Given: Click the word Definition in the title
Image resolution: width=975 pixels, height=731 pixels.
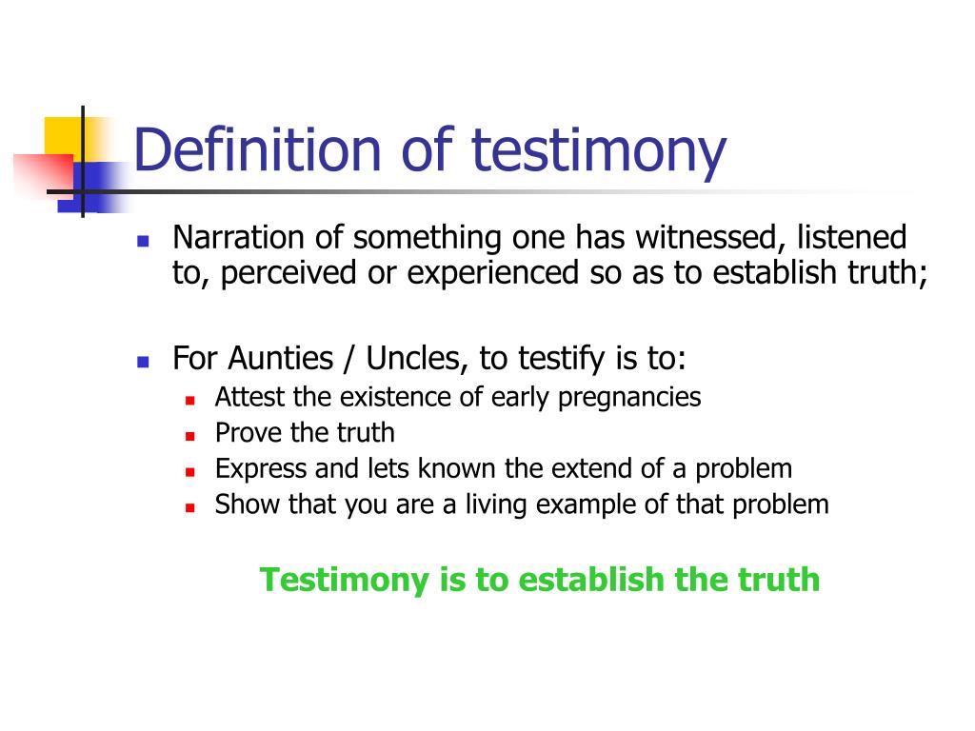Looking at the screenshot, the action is click(257, 149).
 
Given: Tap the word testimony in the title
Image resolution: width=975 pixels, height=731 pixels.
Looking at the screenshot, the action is click(599, 152).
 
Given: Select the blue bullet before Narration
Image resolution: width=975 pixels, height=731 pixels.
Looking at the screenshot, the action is click(143, 241).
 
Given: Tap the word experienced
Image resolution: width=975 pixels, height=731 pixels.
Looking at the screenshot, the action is click(493, 273).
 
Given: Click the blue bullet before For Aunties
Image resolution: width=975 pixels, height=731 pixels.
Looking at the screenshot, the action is click(143, 362).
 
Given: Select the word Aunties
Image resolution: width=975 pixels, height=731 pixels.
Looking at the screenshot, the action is click(281, 358).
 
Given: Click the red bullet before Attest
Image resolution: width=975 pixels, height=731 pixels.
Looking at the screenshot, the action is click(190, 401).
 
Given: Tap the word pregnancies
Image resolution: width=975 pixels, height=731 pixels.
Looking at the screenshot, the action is click(629, 398).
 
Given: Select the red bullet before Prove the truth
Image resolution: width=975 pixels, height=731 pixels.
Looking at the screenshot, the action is click(190, 436).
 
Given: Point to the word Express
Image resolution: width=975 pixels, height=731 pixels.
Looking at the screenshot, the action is click(261, 469).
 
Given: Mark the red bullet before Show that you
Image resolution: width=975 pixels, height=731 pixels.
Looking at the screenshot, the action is click(190, 508).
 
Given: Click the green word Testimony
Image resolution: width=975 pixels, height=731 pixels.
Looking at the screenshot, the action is click(345, 581).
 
